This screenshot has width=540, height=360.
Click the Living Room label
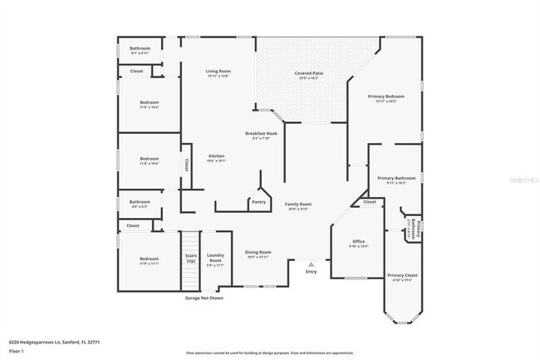click(x=218, y=72)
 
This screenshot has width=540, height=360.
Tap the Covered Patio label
click(x=308, y=73)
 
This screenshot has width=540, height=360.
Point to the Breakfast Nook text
click(x=261, y=134)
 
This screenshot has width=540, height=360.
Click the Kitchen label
click(x=216, y=156)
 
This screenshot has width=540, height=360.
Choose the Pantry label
click(x=258, y=201)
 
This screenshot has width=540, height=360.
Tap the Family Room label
click(x=298, y=205)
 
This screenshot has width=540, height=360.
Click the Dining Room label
click(x=258, y=253)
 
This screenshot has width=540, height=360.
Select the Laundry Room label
click(x=215, y=259)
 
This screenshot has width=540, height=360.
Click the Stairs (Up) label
click(x=190, y=259)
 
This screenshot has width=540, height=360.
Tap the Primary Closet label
click(x=401, y=275)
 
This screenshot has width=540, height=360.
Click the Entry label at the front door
click(x=311, y=272)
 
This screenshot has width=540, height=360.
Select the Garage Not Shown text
click(x=204, y=297)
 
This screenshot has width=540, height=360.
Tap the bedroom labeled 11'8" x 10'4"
click(x=150, y=104)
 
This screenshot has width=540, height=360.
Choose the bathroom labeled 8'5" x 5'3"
click(x=140, y=203)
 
